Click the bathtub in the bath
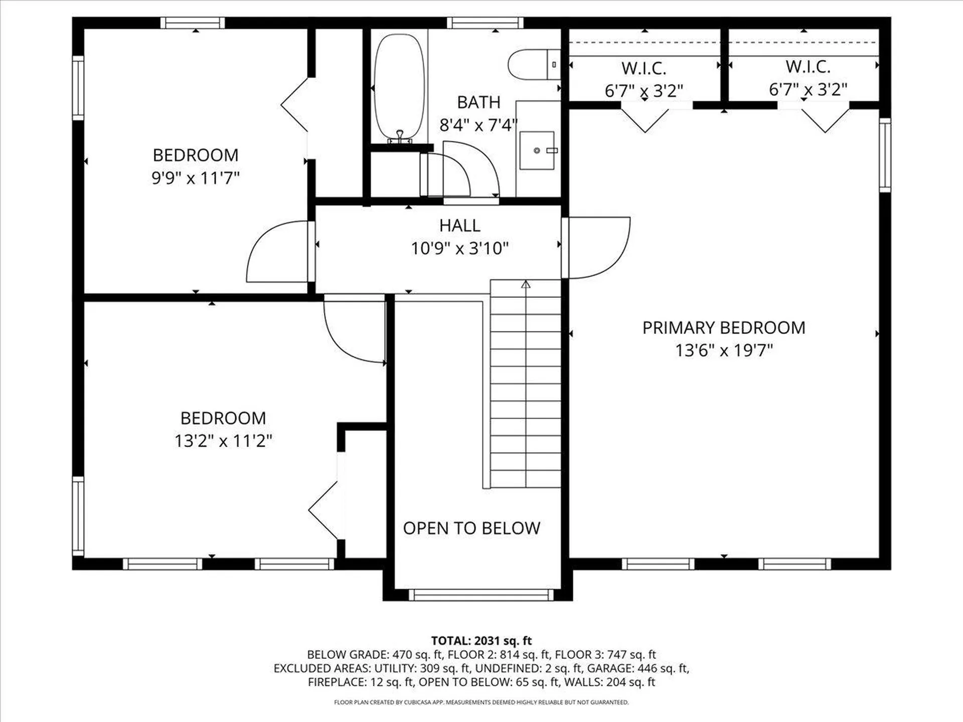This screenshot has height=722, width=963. coord(399,86)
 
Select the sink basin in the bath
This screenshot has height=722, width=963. coord(537,150)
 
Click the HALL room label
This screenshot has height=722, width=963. coord(459,226)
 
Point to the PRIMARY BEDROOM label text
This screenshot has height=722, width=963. coord(723,328)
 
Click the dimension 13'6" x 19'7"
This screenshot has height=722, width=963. coord(723,350)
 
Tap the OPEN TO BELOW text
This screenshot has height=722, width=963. coord(471,528)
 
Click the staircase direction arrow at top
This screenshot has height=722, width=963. coord(526,285)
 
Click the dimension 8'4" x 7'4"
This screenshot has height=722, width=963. coord(478,125)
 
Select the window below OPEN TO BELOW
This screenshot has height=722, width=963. coord(481,595)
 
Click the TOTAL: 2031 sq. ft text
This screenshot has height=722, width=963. coord(481,640)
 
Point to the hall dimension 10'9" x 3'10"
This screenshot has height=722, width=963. coord(459,248)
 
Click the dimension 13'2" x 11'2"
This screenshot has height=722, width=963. coord(223,441)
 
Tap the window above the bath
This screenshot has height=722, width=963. coord(485,23)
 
